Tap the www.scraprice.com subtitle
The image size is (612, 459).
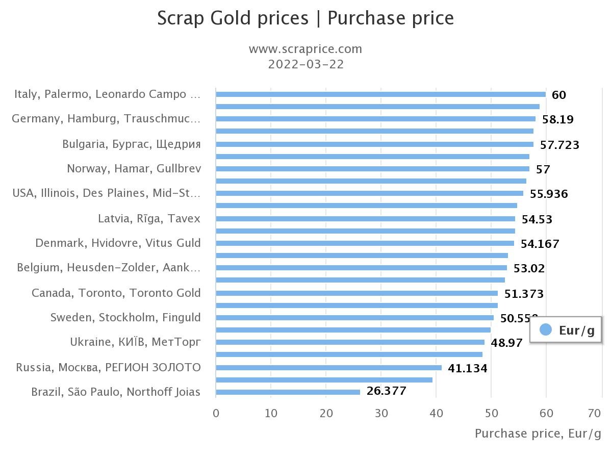tap(305, 49)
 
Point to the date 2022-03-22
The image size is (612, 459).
tap(305, 64)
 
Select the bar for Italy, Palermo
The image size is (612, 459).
tap(380, 94)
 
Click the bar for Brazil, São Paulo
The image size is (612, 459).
tap(288, 392)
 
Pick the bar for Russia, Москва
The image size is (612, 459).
tap(328, 368)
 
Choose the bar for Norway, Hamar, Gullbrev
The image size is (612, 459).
tap(372, 169)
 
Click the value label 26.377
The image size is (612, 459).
tap(386, 391)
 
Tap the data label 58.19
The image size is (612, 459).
tap(557, 119)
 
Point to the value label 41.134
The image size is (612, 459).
tap(467, 368)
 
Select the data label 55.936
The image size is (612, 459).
tap(549, 194)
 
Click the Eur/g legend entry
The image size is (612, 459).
tap(567, 330)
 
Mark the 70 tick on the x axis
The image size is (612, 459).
tap(595, 413)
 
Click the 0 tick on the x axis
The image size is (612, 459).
tap(216, 413)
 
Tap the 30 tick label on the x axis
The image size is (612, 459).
tap(381, 413)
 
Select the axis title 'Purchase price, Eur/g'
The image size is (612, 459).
tap(538, 433)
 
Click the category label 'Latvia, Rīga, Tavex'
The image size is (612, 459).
tap(149, 219)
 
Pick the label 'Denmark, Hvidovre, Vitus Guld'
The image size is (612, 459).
tap(118, 243)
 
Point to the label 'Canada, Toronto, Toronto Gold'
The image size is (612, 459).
tap(116, 293)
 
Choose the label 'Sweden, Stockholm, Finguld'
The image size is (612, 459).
tap(125, 318)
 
